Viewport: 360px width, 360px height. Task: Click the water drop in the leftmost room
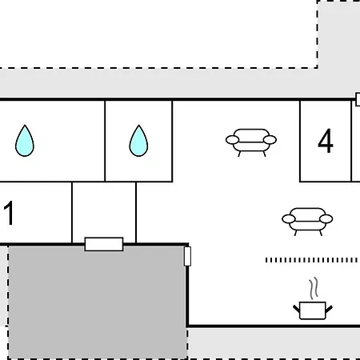tap(25, 141)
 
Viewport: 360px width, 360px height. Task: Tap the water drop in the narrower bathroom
tap(138, 141)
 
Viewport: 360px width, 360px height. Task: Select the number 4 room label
tap(326, 141)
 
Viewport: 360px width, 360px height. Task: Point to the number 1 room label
tap(9, 213)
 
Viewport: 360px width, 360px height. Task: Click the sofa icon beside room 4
tap(251, 142)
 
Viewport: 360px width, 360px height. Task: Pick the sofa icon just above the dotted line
tap(307, 222)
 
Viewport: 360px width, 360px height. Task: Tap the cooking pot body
tap(313, 310)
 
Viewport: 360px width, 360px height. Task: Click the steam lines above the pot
tap(314, 288)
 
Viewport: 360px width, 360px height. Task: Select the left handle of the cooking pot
tap(297, 309)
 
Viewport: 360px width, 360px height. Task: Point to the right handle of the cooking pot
tap(329, 309)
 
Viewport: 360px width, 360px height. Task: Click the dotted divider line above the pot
tap(311, 260)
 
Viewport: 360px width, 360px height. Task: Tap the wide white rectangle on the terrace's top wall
tap(104, 244)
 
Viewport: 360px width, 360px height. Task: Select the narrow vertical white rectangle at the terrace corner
tap(187, 256)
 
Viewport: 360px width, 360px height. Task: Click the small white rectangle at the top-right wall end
tap(358, 99)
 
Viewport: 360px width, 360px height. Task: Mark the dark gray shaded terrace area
tap(98, 302)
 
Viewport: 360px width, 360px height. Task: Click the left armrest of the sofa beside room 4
tap(233, 140)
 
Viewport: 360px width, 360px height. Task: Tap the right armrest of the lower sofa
tap(326, 219)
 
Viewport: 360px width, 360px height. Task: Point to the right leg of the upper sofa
tap(265, 154)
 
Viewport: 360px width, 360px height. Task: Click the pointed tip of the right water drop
tap(138, 125)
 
